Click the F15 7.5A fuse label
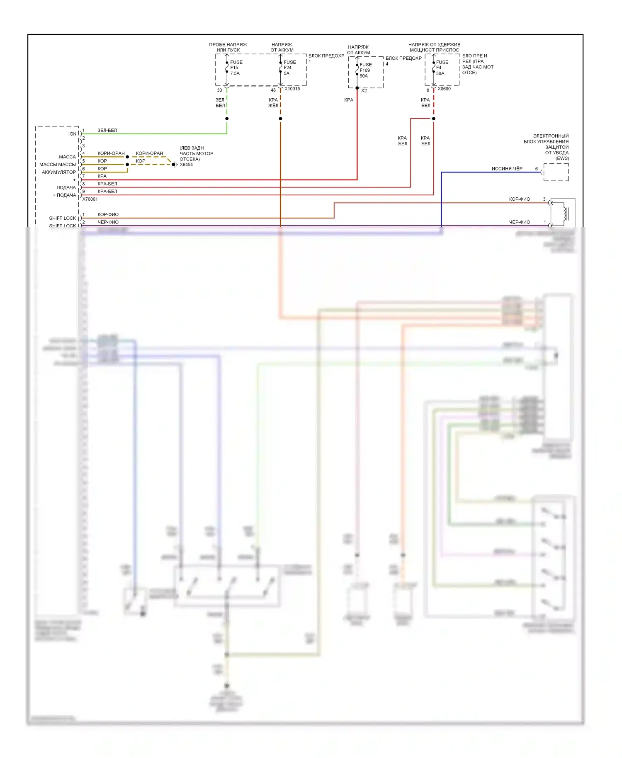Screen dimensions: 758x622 coord(236,68)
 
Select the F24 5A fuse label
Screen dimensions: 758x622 coord(289,68)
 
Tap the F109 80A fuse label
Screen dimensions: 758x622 coord(365,70)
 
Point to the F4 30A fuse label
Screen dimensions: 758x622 coord(441,68)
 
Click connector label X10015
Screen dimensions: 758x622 coord(292,89)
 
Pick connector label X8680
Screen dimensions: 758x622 coord(444,89)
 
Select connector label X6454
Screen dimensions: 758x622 coord(186,165)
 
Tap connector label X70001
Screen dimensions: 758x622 coord(90,199)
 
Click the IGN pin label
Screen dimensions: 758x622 coord(72,134)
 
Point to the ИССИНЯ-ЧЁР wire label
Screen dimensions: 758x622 coord(507,169)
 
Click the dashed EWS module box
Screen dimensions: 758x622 coord(556,172)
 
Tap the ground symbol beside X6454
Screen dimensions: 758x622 coord(174,165)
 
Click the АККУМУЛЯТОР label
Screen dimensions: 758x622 coord(58,172)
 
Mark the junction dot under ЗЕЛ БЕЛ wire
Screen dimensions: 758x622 coord(227,119)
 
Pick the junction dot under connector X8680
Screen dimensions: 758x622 coord(434,119)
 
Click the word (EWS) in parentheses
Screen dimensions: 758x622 coord(562,158)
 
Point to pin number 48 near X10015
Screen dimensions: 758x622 coord(273,90)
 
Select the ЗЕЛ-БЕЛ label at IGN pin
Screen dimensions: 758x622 coord(107,130)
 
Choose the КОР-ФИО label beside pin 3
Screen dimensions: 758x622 coord(519,199)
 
